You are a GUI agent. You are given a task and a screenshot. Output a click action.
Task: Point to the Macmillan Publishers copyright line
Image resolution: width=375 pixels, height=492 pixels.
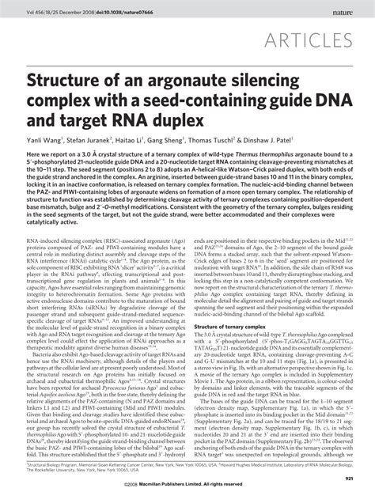pyautogui.click(x=187, y=483)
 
